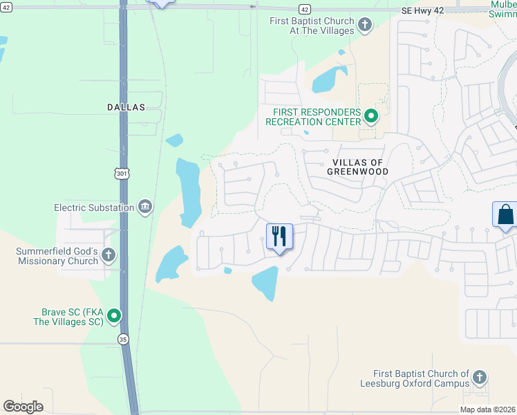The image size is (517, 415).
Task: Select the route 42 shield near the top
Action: [305, 9]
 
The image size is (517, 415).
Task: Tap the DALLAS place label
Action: [126, 107]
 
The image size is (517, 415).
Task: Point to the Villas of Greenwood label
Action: [357, 166]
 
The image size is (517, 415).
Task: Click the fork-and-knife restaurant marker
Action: [280, 237]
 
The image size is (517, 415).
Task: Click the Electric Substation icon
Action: [145, 207]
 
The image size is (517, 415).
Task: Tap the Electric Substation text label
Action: [95, 207]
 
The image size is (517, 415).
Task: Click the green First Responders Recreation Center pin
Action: [371, 116]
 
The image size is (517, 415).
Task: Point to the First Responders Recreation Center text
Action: [317, 116]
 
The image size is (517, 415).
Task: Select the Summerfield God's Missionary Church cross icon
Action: [108, 255]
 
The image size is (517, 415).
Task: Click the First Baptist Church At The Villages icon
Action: [365, 26]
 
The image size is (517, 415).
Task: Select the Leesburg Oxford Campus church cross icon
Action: [479, 378]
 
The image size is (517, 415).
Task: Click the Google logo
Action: [23, 407]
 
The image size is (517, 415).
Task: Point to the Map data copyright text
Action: [488, 409]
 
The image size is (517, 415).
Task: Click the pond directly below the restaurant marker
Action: [265, 282]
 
